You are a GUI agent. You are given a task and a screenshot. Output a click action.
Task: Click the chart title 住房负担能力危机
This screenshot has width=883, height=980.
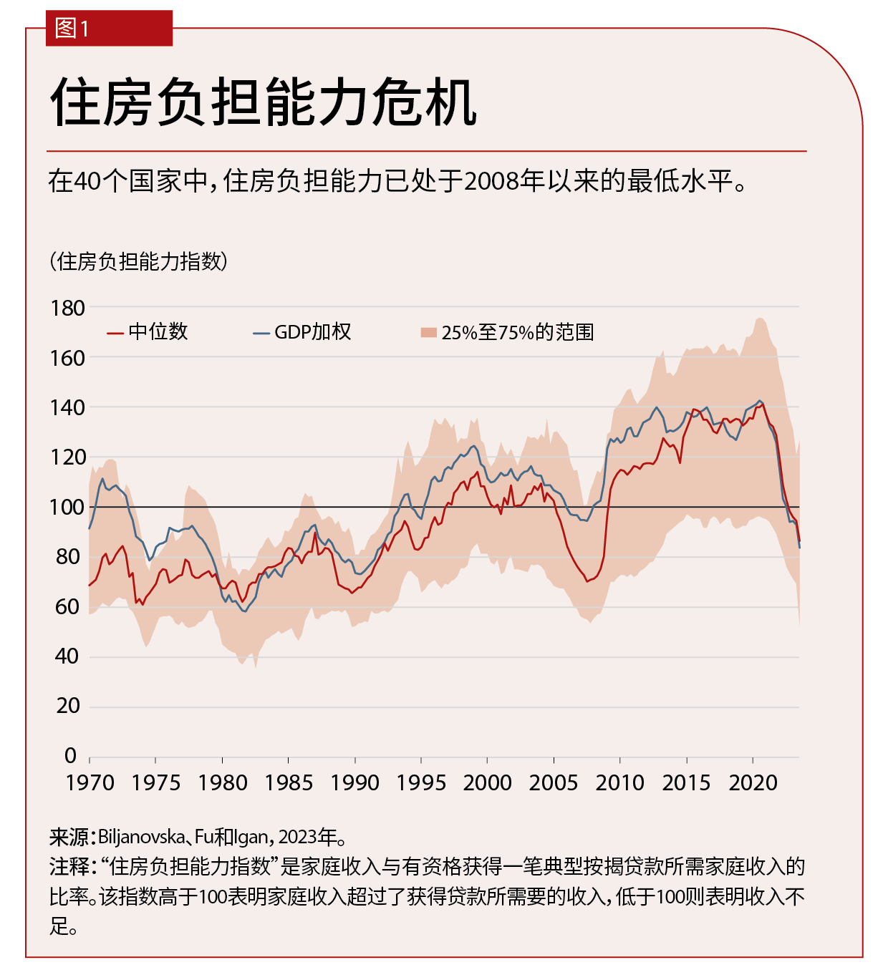(x=263, y=102)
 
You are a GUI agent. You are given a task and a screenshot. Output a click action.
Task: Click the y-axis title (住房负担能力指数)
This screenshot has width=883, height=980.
(x=138, y=261)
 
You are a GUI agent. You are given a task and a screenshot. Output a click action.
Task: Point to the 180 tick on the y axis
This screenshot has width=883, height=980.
(x=67, y=309)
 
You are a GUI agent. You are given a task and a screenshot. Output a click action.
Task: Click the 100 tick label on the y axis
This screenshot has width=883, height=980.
(x=67, y=508)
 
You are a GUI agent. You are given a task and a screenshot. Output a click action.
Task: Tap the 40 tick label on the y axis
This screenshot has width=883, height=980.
(x=67, y=656)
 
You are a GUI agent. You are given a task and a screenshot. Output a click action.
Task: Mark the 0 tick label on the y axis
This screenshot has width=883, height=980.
(x=70, y=756)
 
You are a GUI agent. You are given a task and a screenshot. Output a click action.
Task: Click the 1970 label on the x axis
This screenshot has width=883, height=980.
(x=90, y=783)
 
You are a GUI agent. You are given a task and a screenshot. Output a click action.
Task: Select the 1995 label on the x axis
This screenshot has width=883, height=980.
(x=421, y=783)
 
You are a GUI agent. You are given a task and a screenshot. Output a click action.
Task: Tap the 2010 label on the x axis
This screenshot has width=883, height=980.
(x=619, y=783)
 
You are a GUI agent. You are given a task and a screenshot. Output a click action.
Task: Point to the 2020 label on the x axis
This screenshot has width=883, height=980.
(x=753, y=783)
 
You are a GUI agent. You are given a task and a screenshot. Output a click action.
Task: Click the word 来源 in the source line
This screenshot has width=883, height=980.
(x=68, y=837)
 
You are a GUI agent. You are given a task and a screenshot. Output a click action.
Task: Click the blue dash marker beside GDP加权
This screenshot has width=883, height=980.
(x=261, y=333)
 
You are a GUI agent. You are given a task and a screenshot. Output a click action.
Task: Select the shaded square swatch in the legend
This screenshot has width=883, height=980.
(x=428, y=333)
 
